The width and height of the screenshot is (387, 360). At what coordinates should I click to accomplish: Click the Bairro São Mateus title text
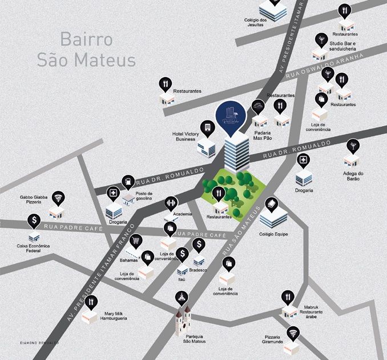(86, 50)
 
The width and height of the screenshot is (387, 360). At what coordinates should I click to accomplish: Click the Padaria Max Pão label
(263, 135)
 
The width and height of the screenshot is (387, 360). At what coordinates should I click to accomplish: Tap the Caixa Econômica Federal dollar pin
(35, 220)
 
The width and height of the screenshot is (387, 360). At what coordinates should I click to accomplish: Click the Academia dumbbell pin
(171, 202)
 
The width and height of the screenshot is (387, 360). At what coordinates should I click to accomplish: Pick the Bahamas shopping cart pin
(136, 240)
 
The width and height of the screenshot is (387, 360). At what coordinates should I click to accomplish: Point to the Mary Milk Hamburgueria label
(115, 316)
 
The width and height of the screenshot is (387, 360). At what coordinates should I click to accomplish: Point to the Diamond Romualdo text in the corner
(39, 342)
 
